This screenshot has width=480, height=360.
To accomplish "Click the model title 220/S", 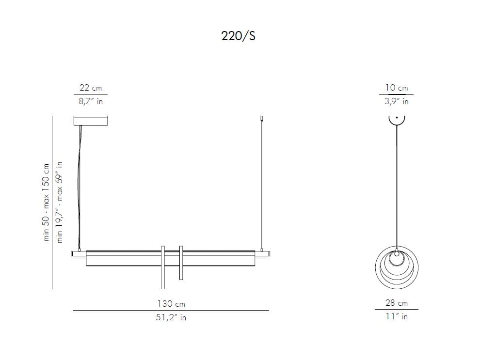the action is click(238, 36).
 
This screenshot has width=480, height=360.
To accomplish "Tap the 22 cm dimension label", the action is click(91, 88).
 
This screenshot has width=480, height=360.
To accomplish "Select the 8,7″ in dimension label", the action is click(91, 101).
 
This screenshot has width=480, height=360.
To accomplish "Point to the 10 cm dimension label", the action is click(397, 88).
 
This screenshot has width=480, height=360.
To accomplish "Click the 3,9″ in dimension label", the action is click(397, 101).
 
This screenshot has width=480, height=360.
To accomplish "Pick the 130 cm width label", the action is click(171, 304).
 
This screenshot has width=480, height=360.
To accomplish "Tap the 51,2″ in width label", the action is click(171, 317).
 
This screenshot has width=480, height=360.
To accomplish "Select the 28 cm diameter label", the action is click(397, 303).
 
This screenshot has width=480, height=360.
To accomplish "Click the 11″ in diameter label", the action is click(397, 316).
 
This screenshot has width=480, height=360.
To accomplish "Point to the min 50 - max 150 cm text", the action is click(46, 202).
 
